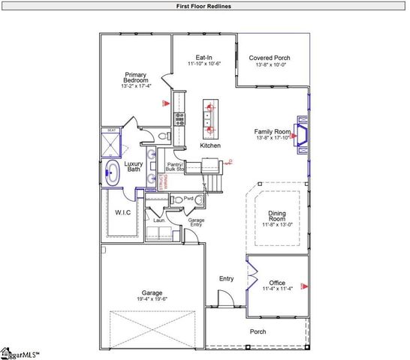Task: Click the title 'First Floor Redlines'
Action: pyautogui.click(x=204, y=6)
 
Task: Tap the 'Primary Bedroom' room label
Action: pyautogui.click(x=136, y=79)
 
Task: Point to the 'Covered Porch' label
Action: pyautogui.click(x=270, y=58)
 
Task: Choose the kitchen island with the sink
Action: pyautogui.click(x=210, y=118)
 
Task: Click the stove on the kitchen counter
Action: pyautogui.click(x=179, y=118)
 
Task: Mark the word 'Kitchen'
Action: pyautogui.click(x=210, y=145)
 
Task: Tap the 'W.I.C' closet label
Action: pyautogui.click(x=123, y=211)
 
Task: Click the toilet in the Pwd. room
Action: pyautogui.click(x=177, y=199)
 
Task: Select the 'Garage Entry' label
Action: pyautogui.click(x=196, y=222)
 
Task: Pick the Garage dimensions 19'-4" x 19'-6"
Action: pyautogui.click(x=152, y=298)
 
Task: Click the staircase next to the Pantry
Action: pyautogui.click(x=214, y=181)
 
